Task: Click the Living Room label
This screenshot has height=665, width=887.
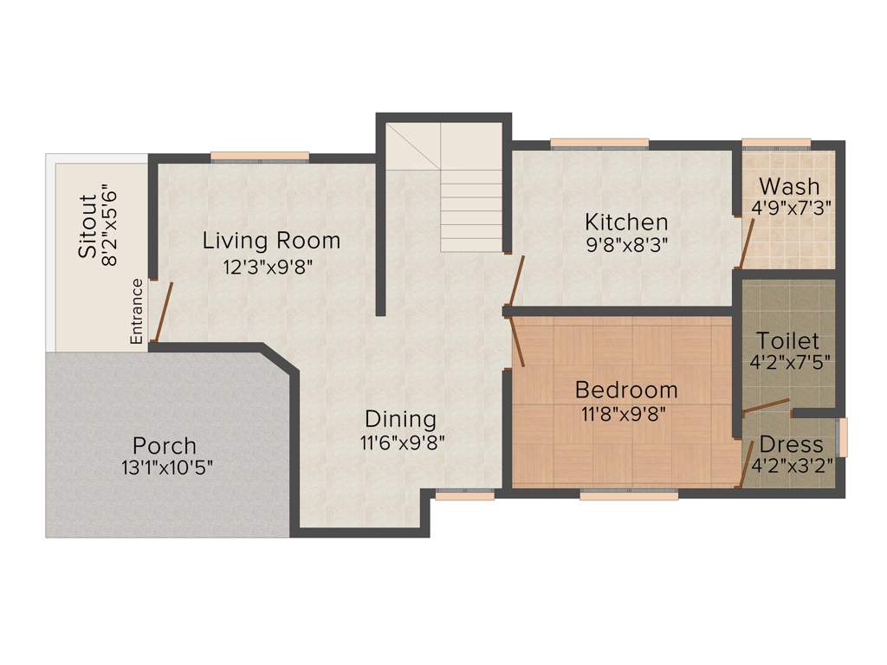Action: [271, 240]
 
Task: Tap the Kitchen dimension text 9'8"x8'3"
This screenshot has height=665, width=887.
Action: [626, 244]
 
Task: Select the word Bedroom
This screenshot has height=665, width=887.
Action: [626, 389]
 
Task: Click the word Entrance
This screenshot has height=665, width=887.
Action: [136, 312]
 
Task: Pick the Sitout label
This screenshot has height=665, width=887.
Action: [87, 226]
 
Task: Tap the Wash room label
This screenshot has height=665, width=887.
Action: [788, 187]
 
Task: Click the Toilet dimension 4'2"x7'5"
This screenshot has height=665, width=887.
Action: [790, 362]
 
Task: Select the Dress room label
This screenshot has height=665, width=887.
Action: [791, 444]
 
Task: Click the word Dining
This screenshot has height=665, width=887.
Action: [399, 419]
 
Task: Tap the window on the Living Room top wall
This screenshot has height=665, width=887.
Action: [260, 157]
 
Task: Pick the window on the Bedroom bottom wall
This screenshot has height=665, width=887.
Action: [629, 495]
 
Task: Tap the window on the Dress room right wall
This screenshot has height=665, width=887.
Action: [843, 437]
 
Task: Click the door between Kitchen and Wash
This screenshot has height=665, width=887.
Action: [746, 242]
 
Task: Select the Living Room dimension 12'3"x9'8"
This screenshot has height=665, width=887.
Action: [268, 266]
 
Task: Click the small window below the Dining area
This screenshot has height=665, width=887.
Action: [464, 495]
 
